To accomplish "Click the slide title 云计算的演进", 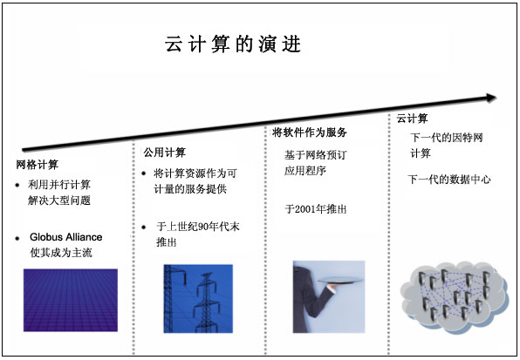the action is pyautogui.click(x=233, y=44).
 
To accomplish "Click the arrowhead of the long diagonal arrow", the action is pyautogui.click(x=491, y=98).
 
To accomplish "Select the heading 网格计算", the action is pyautogui.click(x=38, y=165).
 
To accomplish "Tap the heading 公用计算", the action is pyautogui.click(x=165, y=153).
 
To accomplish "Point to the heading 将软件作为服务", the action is pyautogui.click(x=310, y=132).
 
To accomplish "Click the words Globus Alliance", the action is pyautogui.click(x=66, y=237).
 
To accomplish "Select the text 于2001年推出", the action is pyautogui.click(x=316, y=209).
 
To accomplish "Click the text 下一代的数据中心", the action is pyautogui.click(x=449, y=180).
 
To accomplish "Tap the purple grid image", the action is pyautogui.click(x=71, y=300).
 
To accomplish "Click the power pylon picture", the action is pyautogui.click(x=198, y=298).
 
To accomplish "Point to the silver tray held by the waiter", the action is pyautogui.click(x=340, y=281).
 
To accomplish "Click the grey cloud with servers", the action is pyautogui.click(x=454, y=296).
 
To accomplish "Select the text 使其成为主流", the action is pyautogui.click(x=61, y=253).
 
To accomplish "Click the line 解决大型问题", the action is pyautogui.click(x=59, y=200).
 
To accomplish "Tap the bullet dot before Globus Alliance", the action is pyautogui.click(x=17, y=238).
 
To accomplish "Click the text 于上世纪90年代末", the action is pyautogui.click(x=198, y=227).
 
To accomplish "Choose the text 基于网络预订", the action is pyautogui.click(x=315, y=154).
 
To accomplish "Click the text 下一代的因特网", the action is pyautogui.click(x=447, y=138).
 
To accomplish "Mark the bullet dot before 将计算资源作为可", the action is pyautogui.click(x=144, y=173).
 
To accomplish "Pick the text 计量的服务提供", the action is pyautogui.click(x=190, y=189).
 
